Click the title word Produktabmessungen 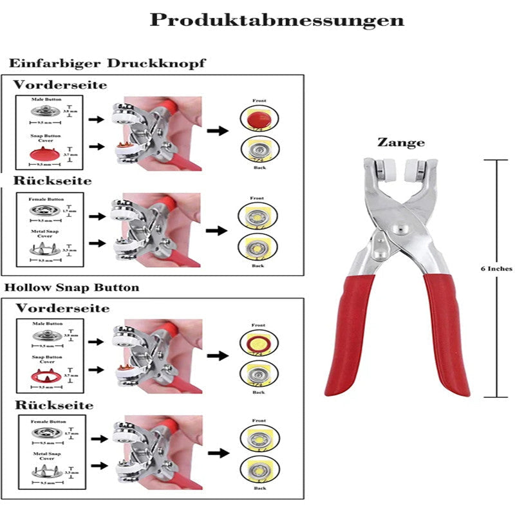pyautogui.click(x=277, y=21)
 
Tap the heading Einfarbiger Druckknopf pyautogui.click(x=107, y=64)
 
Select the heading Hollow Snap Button pyautogui.click(x=71, y=287)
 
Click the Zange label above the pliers pyautogui.click(x=400, y=143)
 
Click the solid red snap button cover pyautogui.click(x=44, y=153)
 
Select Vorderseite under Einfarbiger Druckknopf pyautogui.click(x=61, y=84)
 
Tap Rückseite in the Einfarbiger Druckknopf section pyautogui.click(x=53, y=181)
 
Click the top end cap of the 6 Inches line pyautogui.click(x=497, y=160)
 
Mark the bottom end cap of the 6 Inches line pyautogui.click(x=497, y=397)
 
